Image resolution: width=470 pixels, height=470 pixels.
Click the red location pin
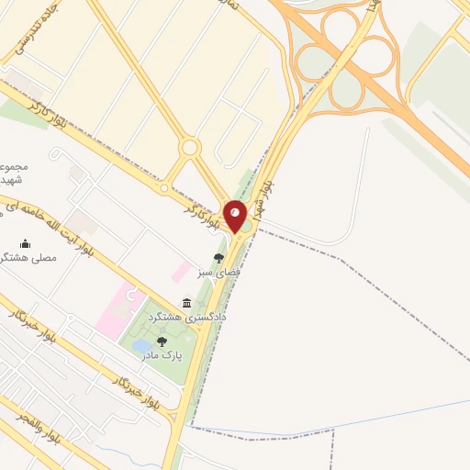(x=236, y=216)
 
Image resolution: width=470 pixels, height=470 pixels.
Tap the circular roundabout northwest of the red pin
(x=189, y=147)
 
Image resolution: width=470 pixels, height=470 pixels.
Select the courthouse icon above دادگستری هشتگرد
(x=187, y=303)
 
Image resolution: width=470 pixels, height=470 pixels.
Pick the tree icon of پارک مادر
(x=162, y=341)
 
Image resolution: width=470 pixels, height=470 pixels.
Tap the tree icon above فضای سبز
(x=218, y=259)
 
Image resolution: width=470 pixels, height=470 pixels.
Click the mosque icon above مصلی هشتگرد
(x=25, y=243)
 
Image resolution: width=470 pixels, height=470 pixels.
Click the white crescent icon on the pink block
(x=129, y=296)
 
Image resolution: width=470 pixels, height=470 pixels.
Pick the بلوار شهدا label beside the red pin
(x=268, y=193)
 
